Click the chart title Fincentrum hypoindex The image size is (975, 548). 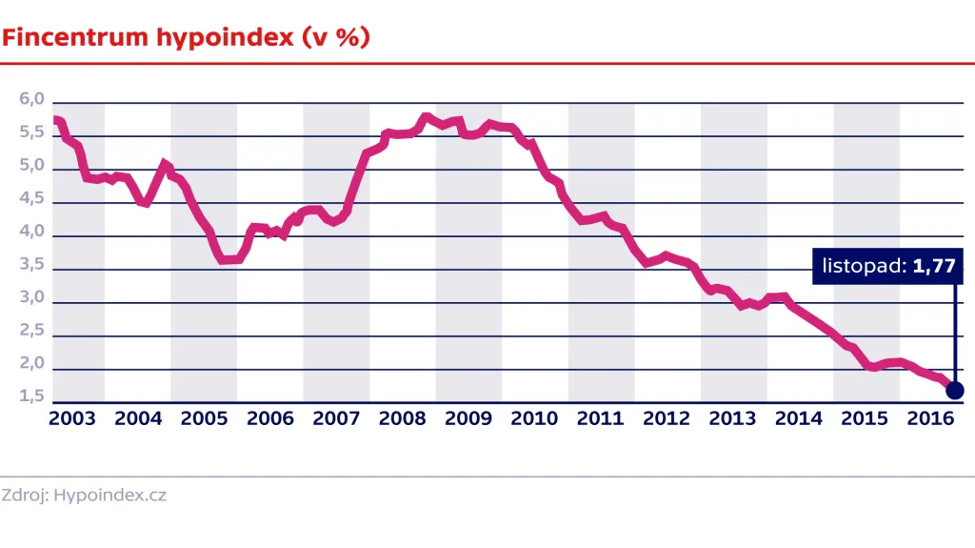click(x=149, y=37)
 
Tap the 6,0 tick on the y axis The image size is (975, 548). click(x=32, y=100)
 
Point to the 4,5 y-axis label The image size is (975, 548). click(x=32, y=199)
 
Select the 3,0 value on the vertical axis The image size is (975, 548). click(x=32, y=298)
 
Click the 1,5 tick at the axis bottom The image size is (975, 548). click(x=32, y=396)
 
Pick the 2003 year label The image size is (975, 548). click(x=71, y=418)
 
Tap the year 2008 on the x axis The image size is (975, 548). click(x=402, y=418)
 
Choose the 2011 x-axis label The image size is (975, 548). click(x=601, y=418)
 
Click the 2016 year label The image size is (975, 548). click(x=932, y=418)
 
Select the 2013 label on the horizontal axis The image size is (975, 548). click(x=733, y=418)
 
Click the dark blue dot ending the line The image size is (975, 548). click(x=954, y=390)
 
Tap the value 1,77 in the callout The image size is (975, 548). click(x=933, y=267)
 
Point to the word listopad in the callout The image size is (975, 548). click(x=863, y=267)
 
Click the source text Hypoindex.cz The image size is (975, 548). click(x=110, y=496)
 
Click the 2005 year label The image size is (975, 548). click(x=204, y=418)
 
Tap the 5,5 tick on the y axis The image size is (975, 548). click(x=32, y=133)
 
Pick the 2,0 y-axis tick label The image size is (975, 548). click(x=32, y=364)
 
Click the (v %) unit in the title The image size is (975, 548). click(x=335, y=37)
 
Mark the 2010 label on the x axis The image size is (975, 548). click(x=534, y=418)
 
